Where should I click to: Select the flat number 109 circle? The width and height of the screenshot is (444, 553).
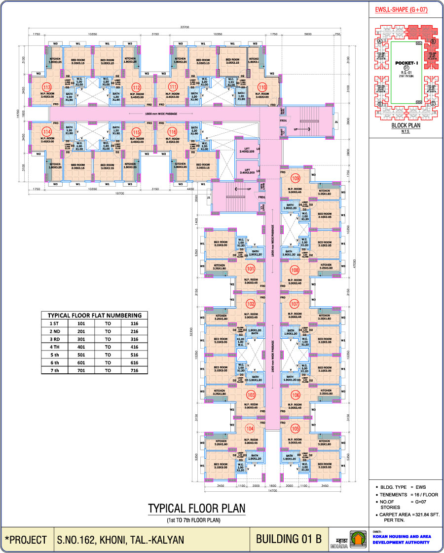tap(296, 178)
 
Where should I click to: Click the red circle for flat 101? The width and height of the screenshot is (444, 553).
tap(250, 269)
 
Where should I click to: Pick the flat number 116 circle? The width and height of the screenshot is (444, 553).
tap(172, 132)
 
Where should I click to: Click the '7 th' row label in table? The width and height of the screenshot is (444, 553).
tap(54, 370)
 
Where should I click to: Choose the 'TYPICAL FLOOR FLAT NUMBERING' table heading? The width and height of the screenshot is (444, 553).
tap(94, 315)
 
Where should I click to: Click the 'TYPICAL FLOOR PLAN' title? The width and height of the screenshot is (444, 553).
tap(196, 509)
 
